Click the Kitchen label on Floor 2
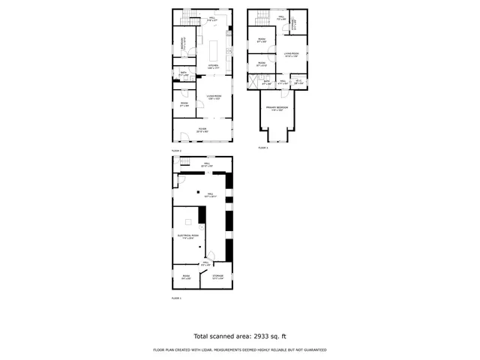coord(211,67)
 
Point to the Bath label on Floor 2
coord(184,74)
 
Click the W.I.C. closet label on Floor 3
coord(298,80)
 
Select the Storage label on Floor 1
coord(217,277)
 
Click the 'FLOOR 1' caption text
coord(177,298)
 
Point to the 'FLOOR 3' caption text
coord(263,148)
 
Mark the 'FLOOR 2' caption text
coord(177,151)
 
